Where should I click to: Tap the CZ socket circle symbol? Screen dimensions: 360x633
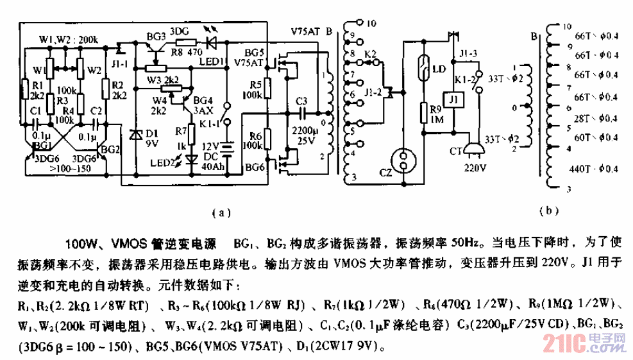click(403, 162)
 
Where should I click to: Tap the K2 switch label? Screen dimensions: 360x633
click(370, 55)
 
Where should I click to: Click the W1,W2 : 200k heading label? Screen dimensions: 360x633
click(69, 39)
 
